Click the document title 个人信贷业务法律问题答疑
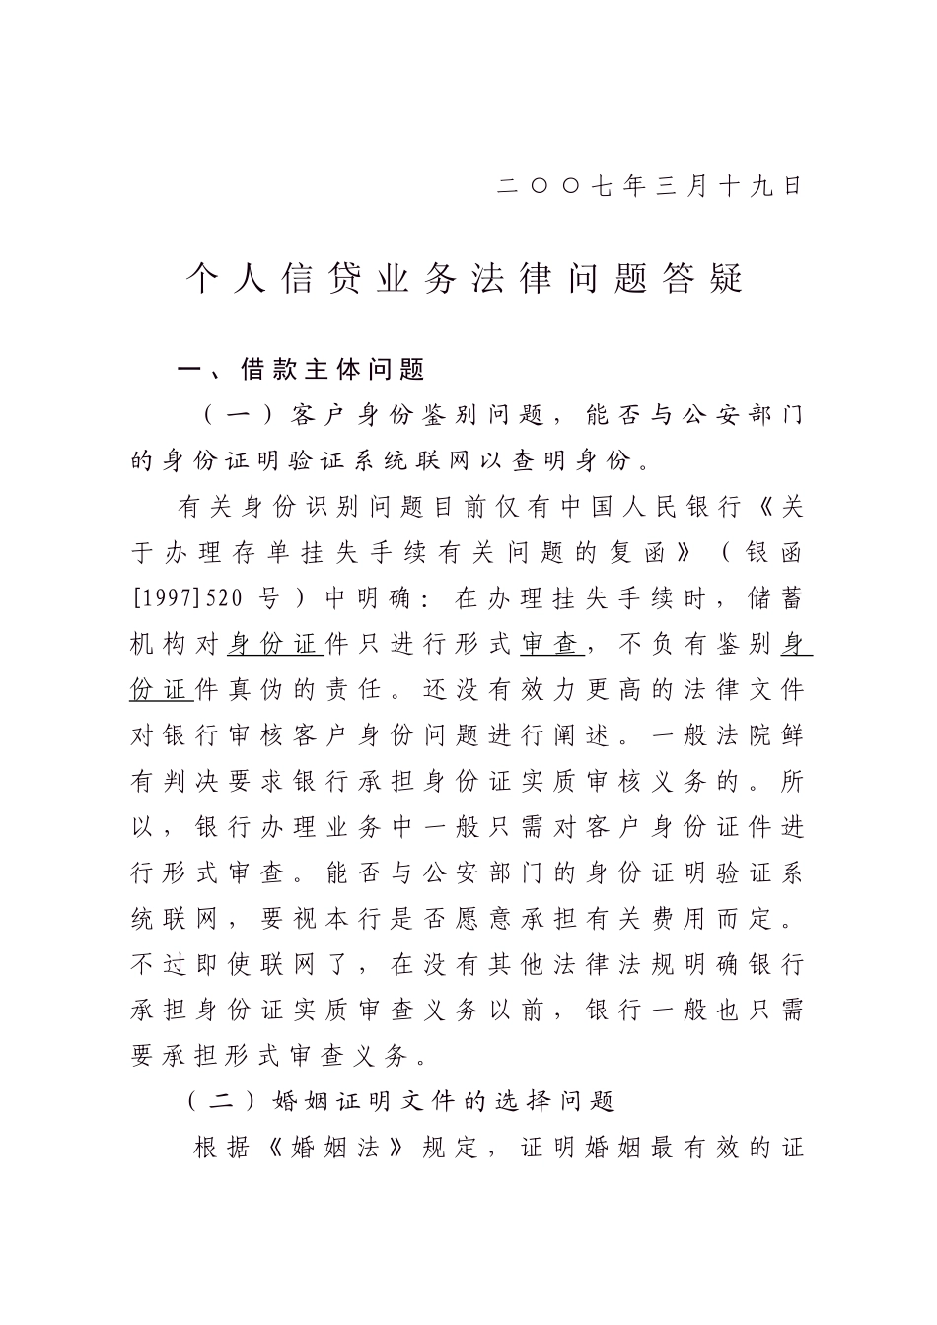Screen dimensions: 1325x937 point(466,279)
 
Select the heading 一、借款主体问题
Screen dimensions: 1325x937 point(301,370)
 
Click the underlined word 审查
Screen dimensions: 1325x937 point(549,645)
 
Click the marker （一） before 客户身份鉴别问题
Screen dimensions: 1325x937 point(233,415)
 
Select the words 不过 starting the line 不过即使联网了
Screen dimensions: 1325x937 point(158,964)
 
